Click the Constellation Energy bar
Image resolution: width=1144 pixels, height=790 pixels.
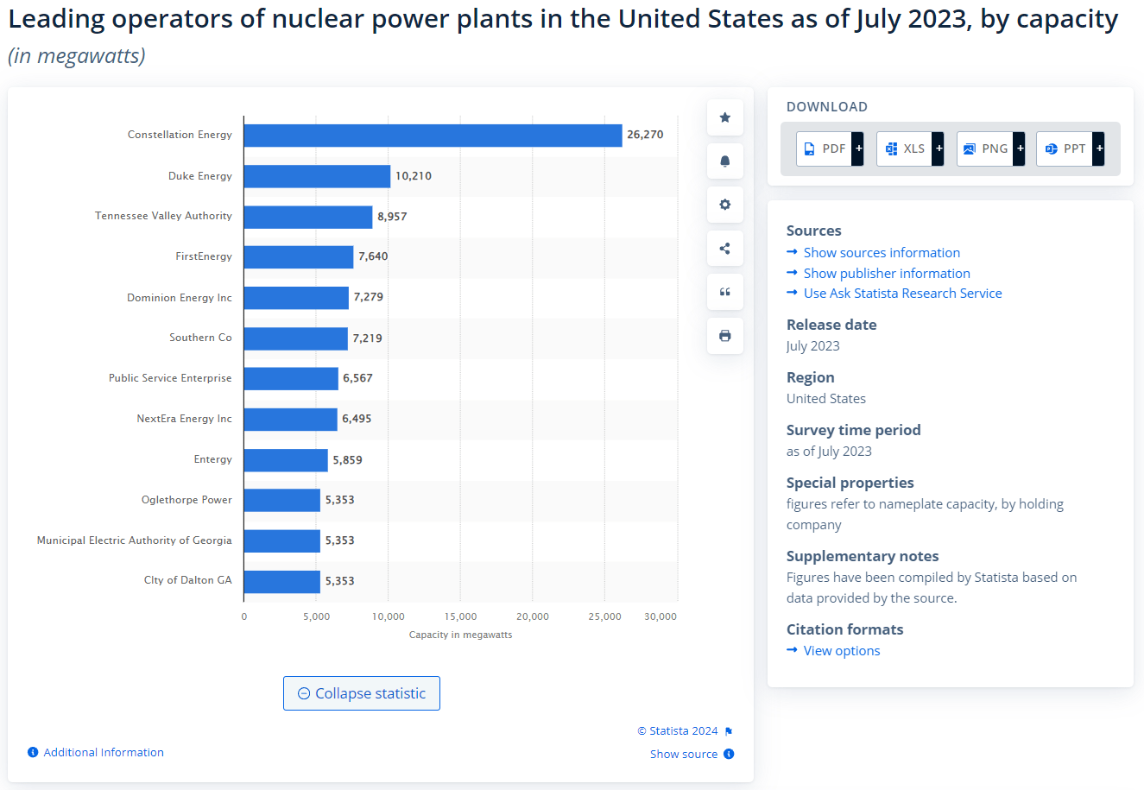click(433, 136)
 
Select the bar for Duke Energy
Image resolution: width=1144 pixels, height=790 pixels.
click(317, 176)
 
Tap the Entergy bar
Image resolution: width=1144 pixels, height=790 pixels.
click(286, 460)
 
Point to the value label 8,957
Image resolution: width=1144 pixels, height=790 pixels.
click(392, 217)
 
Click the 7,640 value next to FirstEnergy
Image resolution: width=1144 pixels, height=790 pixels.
click(373, 256)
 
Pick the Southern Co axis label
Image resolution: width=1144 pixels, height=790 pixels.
click(200, 338)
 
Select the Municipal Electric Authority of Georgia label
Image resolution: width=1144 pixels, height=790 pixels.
click(134, 540)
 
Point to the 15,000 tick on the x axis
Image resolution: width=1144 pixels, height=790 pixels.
click(460, 616)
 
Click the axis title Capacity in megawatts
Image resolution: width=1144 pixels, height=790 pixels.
click(460, 635)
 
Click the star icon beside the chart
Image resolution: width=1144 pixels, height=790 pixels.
click(725, 117)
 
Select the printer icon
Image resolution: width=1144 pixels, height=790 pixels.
click(725, 336)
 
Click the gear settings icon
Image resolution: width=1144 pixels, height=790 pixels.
click(725, 205)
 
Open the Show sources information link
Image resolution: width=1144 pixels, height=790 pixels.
click(882, 253)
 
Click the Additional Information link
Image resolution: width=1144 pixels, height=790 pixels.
click(103, 753)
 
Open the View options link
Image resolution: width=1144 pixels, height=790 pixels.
click(842, 651)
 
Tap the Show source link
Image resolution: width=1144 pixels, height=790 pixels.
click(684, 755)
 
